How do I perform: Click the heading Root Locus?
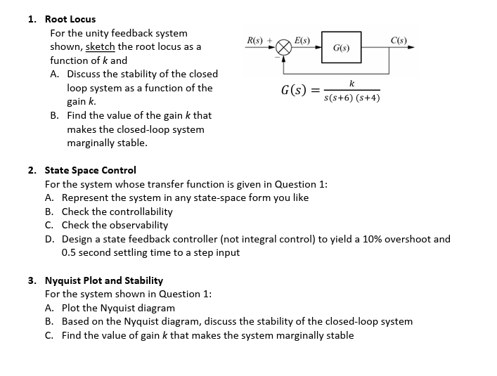click(x=70, y=19)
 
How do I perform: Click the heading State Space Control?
click(x=90, y=170)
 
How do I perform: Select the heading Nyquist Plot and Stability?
click(x=104, y=280)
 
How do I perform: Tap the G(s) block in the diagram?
click(x=342, y=48)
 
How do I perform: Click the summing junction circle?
click(x=283, y=48)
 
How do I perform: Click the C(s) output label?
click(x=399, y=39)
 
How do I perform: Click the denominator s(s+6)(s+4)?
click(x=351, y=98)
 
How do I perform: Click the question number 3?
click(x=32, y=280)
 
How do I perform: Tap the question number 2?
click(x=32, y=170)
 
